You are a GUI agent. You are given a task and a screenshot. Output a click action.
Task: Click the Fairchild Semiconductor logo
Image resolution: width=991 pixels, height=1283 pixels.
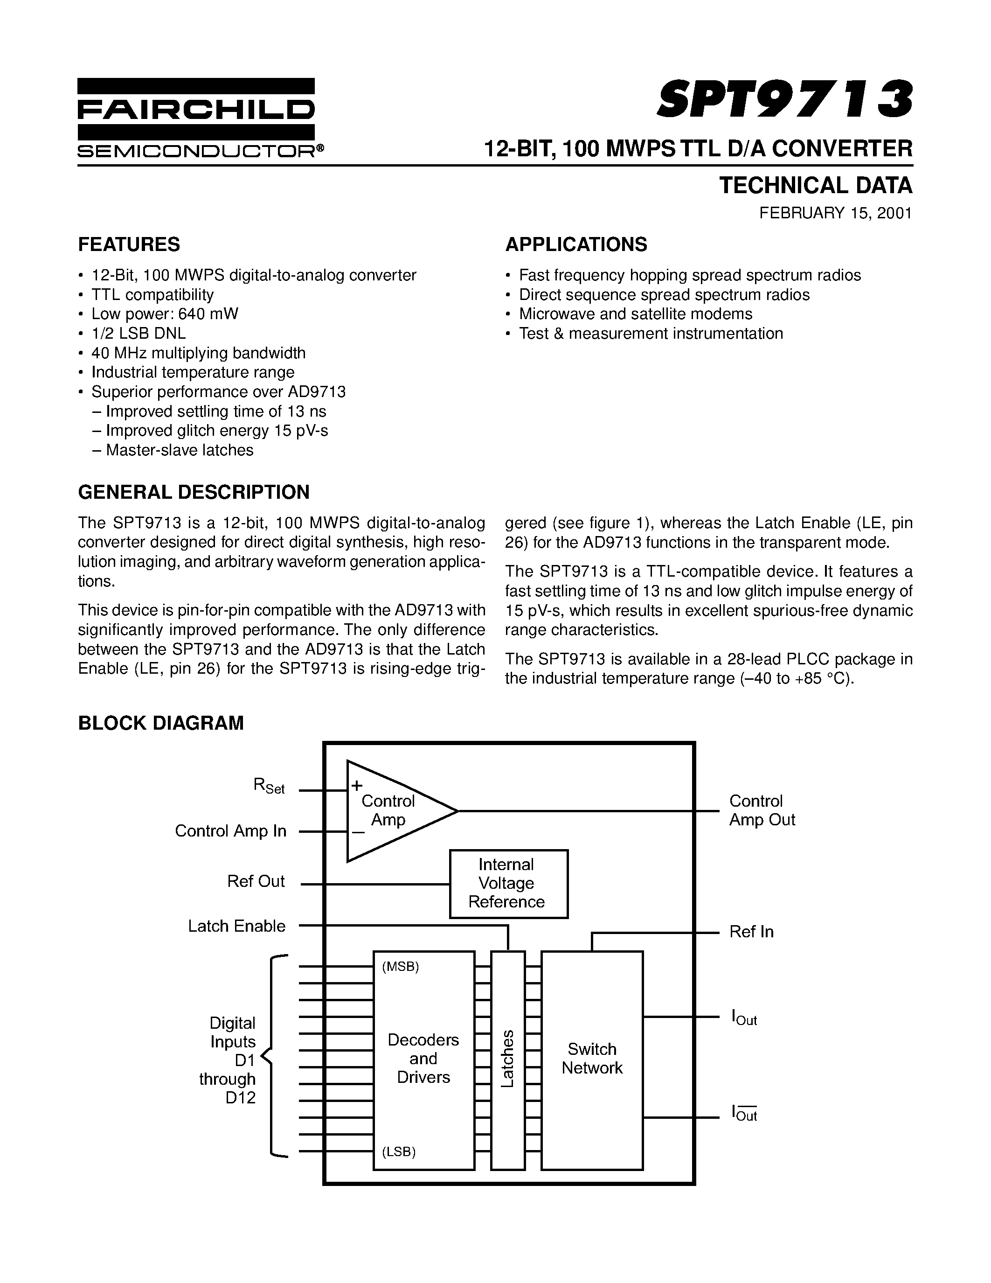(x=200, y=118)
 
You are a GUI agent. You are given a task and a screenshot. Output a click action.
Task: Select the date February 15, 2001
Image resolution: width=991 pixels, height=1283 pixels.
(x=835, y=213)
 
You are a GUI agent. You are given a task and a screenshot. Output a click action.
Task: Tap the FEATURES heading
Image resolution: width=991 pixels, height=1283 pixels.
(x=129, y=244)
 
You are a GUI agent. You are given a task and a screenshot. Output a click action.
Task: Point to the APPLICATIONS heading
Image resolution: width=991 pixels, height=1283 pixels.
(x=576, y=244)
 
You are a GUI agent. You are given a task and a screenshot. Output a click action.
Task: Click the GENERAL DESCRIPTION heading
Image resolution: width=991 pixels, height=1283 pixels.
(x=194, y=492)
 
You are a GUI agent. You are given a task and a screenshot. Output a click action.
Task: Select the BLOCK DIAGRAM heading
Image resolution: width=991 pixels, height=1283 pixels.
(x=161, y=723)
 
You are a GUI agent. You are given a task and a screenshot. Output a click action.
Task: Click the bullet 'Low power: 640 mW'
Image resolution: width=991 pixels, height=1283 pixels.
(x=164, y=314)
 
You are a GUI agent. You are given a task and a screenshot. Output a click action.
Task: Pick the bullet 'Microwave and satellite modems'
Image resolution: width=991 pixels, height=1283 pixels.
(x=635, y=314)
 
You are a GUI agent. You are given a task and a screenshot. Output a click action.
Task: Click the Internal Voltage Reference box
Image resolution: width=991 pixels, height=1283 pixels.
(x=508, y=883)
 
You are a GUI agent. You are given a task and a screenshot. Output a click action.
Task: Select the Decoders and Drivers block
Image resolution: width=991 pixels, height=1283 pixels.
(x=423, y=1058)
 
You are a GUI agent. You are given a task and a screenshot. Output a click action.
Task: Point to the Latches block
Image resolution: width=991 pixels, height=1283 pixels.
(x=508, y=1058)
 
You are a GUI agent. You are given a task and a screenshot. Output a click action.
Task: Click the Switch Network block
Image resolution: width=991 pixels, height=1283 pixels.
(x=592, y=1058)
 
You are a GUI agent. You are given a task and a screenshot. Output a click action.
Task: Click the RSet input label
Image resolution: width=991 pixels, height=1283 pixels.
(x=269, y=785)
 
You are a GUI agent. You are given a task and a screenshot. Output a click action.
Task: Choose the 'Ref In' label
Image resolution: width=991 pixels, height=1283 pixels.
(x=751, y=932)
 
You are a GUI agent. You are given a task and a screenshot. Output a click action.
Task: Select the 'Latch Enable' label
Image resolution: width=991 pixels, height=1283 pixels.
(x=236, y=926)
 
